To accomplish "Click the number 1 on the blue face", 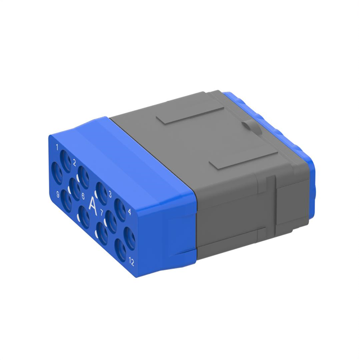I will [x=58, y=147].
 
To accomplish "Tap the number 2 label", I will [x=74, y=163].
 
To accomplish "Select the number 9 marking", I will [x=58, y=195].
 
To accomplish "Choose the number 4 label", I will [x=129, y=212].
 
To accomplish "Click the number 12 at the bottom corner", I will [x=131, y=261].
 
